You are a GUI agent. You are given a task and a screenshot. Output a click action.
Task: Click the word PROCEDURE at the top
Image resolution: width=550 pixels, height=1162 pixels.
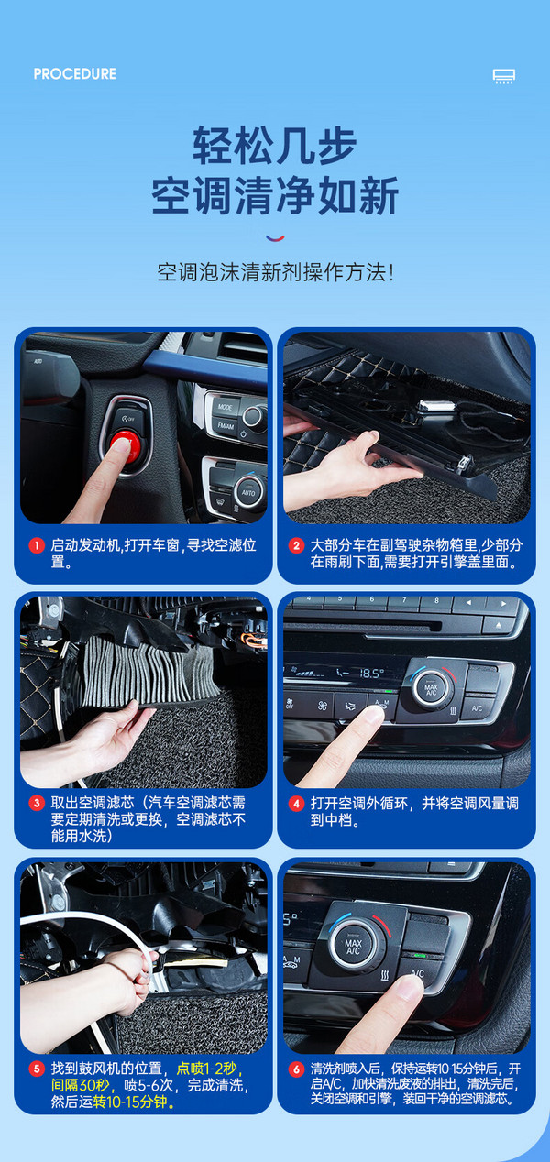tap(75, 74)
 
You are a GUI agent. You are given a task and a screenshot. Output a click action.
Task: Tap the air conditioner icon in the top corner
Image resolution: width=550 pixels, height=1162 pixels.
tap(504, 76)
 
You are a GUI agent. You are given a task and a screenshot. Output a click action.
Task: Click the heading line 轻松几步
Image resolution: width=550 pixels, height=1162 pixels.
tap(274, 145)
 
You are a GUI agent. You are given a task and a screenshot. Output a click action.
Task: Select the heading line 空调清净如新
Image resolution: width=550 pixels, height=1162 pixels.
tap(275, 195)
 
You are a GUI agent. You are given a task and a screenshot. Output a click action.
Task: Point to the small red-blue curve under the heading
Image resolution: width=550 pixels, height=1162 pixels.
tap(275, 238)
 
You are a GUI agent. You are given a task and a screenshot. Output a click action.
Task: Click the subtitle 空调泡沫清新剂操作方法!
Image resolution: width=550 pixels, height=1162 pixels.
tap(275, 272)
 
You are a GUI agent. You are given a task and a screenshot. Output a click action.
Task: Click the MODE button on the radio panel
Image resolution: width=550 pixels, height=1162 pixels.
tap(225, 407)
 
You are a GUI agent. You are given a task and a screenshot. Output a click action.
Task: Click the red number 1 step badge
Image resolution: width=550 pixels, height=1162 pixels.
tap(37, 546)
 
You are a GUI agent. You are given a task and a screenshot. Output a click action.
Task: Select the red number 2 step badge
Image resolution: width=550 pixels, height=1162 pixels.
tap(296, 546)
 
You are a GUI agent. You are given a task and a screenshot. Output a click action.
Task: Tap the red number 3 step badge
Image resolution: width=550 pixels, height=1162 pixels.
tap(37, 804)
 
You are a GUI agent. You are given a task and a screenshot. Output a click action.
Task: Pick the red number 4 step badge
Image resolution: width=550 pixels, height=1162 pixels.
tap(296, 804)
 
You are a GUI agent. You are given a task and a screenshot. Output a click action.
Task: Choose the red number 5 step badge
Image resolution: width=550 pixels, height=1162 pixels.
tap(37, 1069)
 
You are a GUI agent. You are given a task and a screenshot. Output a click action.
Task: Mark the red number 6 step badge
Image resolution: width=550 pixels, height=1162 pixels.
tap(296, 1069)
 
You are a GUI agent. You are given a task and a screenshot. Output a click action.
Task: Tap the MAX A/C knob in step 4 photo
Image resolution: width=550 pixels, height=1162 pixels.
tap(431, 689)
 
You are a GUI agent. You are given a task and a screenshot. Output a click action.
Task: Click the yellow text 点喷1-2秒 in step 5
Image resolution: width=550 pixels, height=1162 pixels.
tap(206, 1069)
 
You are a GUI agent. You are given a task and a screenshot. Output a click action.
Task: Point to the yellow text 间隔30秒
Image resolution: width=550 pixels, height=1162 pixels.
tap(81, 1085)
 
